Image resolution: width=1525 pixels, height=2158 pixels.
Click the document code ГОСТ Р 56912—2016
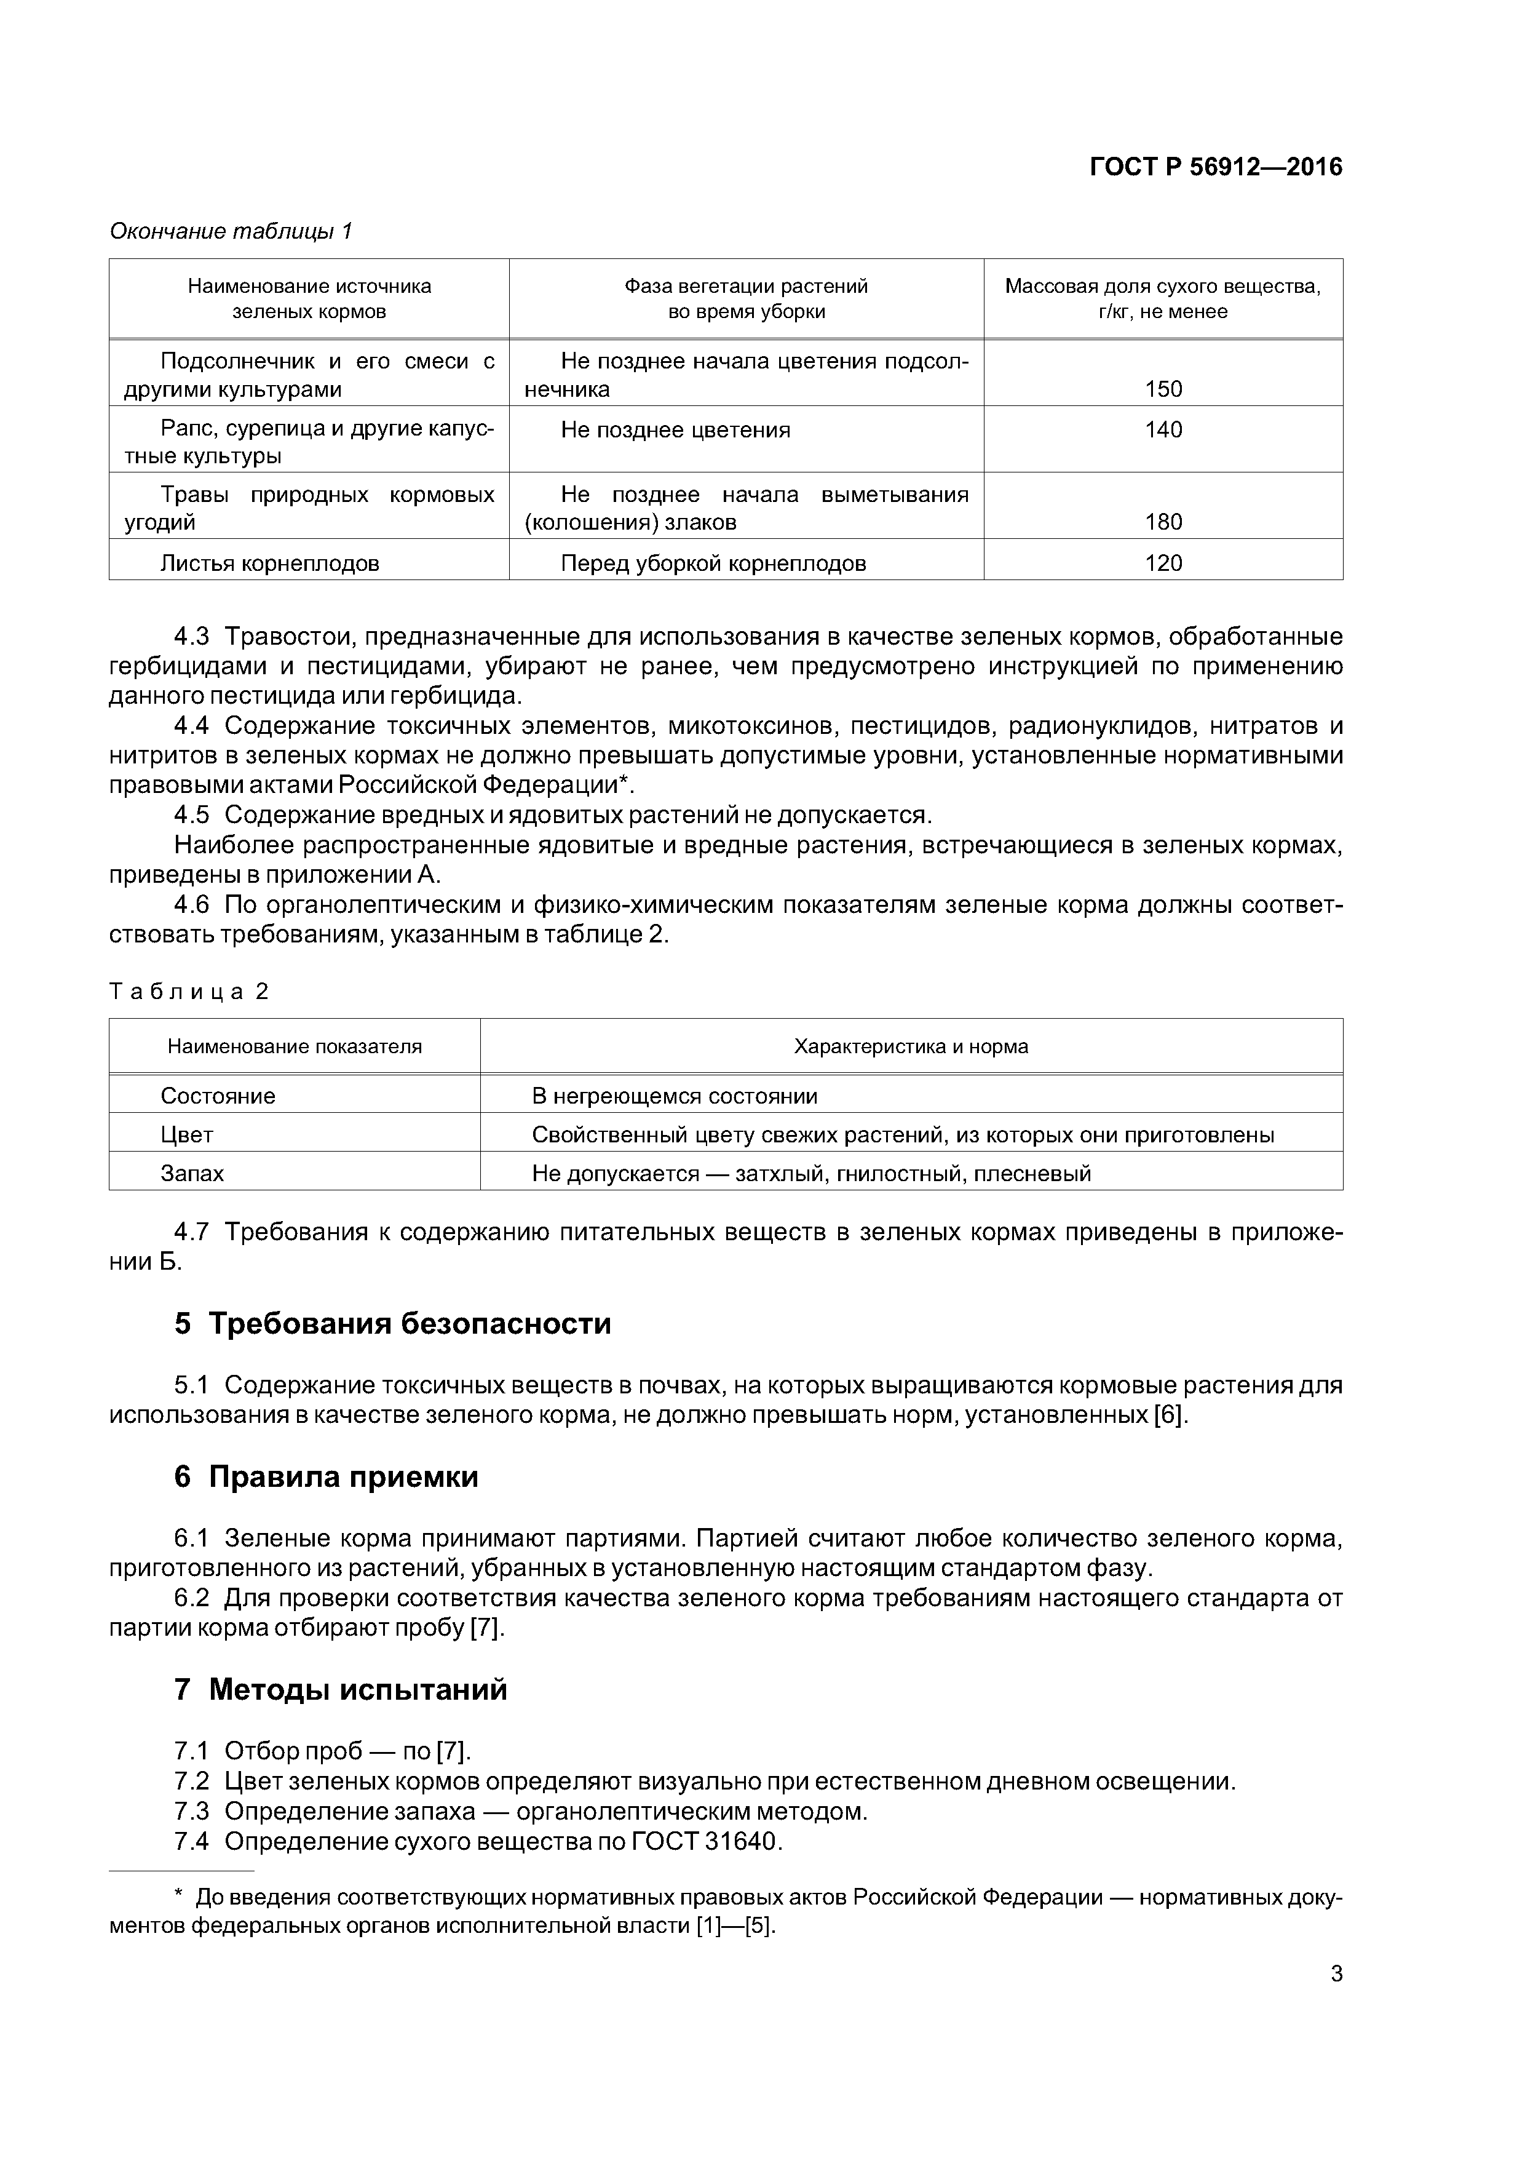pyautogui.click(x=1215, y=167)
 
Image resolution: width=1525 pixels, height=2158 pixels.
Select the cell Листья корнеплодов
pyautogui.click(x=270, y=564)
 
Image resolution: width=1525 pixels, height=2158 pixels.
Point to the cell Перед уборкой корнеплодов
pyautogui.click(x=713, y=564)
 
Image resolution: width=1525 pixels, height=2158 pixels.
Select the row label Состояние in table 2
pyautogui.click(x=218, y=1096)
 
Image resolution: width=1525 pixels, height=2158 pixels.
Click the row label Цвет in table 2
pyautogui.click(x=187, y=1134)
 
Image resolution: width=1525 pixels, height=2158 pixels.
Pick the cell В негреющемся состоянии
pyautogui.click(x=674, y=1096)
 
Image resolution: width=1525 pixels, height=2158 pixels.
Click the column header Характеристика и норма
pyautogui.click(x=911, y=1047)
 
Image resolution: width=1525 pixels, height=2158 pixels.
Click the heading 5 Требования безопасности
pyautogui.click(x=393, y=1323)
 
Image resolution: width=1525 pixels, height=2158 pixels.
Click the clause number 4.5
pyautogui.click(x=192, y=815)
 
